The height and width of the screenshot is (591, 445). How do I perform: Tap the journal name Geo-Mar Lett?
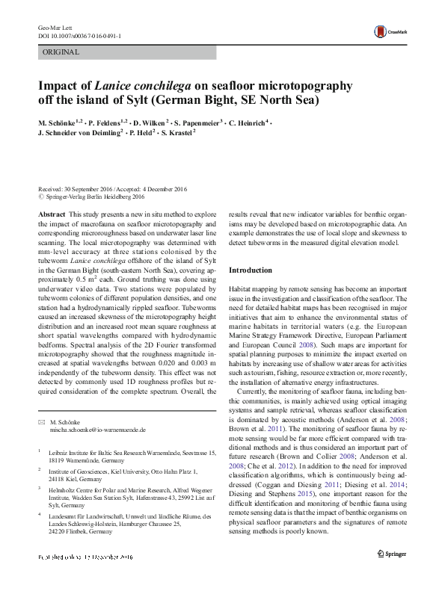point(52,27)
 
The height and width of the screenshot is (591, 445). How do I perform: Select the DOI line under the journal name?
point(80,36)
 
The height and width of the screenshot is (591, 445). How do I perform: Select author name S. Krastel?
point(177,134)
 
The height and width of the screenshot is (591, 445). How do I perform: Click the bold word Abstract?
point(51,214)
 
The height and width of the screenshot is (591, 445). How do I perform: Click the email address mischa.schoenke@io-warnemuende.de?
point(96,430)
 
